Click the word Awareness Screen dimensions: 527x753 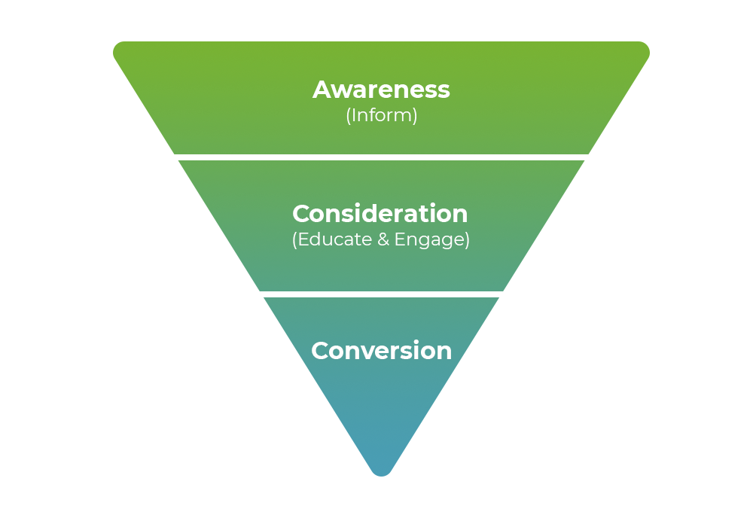381,90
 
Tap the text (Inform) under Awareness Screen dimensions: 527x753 381,116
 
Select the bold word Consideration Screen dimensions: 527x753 380,214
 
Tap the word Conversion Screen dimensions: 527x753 381,351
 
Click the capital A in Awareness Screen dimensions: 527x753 322,90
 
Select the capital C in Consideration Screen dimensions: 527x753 301,214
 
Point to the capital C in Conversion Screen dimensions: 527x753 320,351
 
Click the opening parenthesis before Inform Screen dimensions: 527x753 348,117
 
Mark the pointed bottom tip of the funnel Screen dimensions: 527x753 382,473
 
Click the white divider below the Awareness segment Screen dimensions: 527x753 381,157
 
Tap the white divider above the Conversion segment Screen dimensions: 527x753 381,294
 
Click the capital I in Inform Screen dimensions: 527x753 355,116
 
